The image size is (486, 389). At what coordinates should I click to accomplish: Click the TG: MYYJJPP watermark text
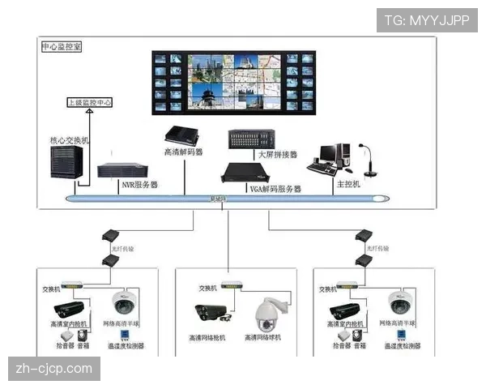point(428,20)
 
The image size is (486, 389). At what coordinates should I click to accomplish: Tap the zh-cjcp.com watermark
point(55,369)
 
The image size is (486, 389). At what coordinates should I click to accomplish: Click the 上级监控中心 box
point(89,104)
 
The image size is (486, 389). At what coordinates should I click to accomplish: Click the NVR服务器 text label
point(139,185)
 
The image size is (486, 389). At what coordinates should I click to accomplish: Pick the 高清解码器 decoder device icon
point(182,135)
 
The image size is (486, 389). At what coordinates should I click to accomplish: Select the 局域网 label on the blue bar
point(219,199)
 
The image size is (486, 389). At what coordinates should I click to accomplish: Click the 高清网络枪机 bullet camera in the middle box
point(208,313)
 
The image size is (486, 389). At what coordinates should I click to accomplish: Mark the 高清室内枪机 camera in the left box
point(69,310)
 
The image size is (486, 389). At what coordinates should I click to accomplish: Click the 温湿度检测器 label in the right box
point(399,346)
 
